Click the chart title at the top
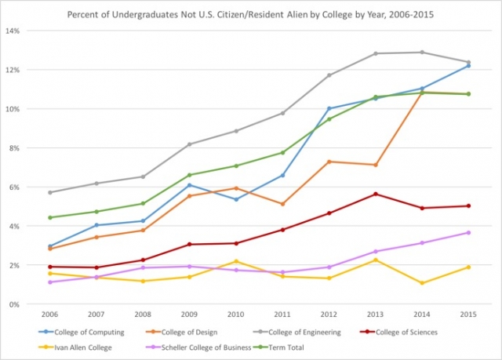251,14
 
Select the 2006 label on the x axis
49,315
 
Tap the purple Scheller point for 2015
468,232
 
